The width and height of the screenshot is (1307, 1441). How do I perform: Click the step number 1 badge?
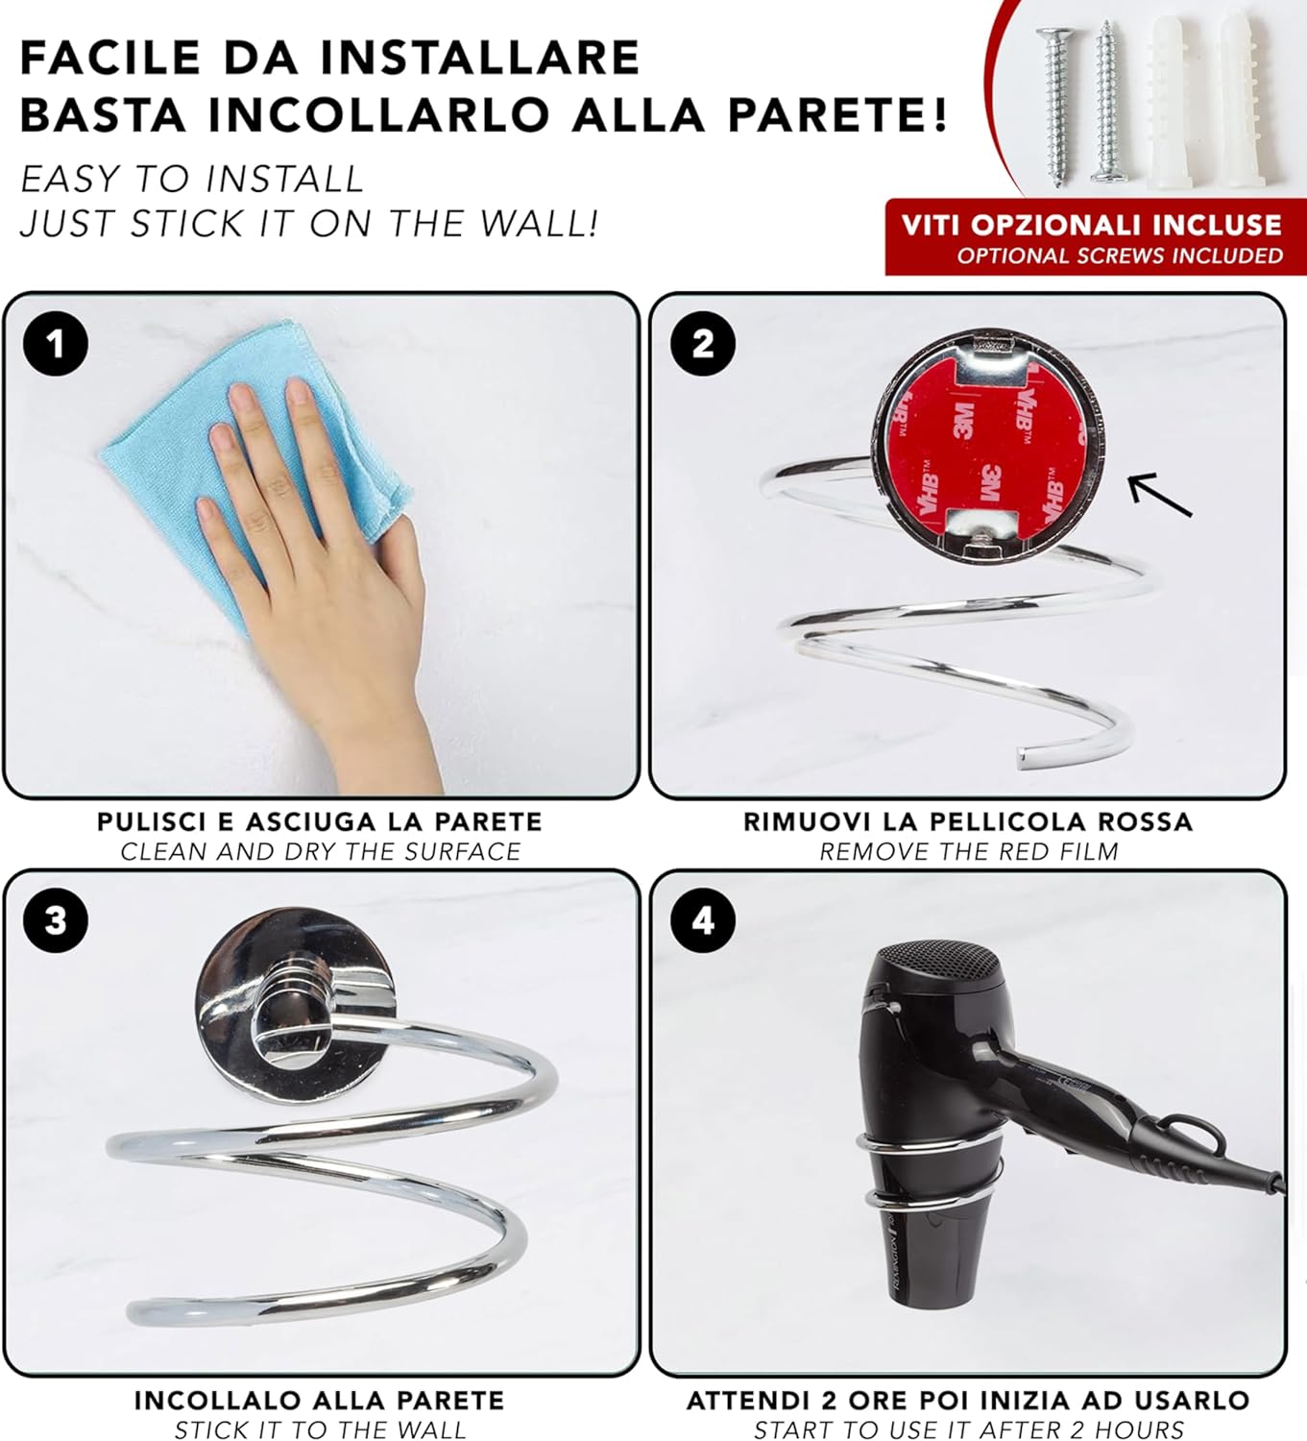click(x=56, y=343)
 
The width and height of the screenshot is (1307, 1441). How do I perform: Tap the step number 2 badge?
click(x=702, y=343)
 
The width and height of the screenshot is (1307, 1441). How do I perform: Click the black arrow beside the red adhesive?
click(x=1160, y=494)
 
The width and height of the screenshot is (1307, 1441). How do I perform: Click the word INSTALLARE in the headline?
click(x=480, y=58)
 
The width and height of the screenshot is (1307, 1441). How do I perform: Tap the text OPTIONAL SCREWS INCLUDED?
click(x=1120, y=256)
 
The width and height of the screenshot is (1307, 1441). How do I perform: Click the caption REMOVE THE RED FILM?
click(x=969, y=851)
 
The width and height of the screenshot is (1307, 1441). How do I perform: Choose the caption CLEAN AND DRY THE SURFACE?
click(x=321, y=851)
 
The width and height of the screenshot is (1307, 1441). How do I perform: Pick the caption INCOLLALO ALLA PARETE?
click(x=320, y=1400)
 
